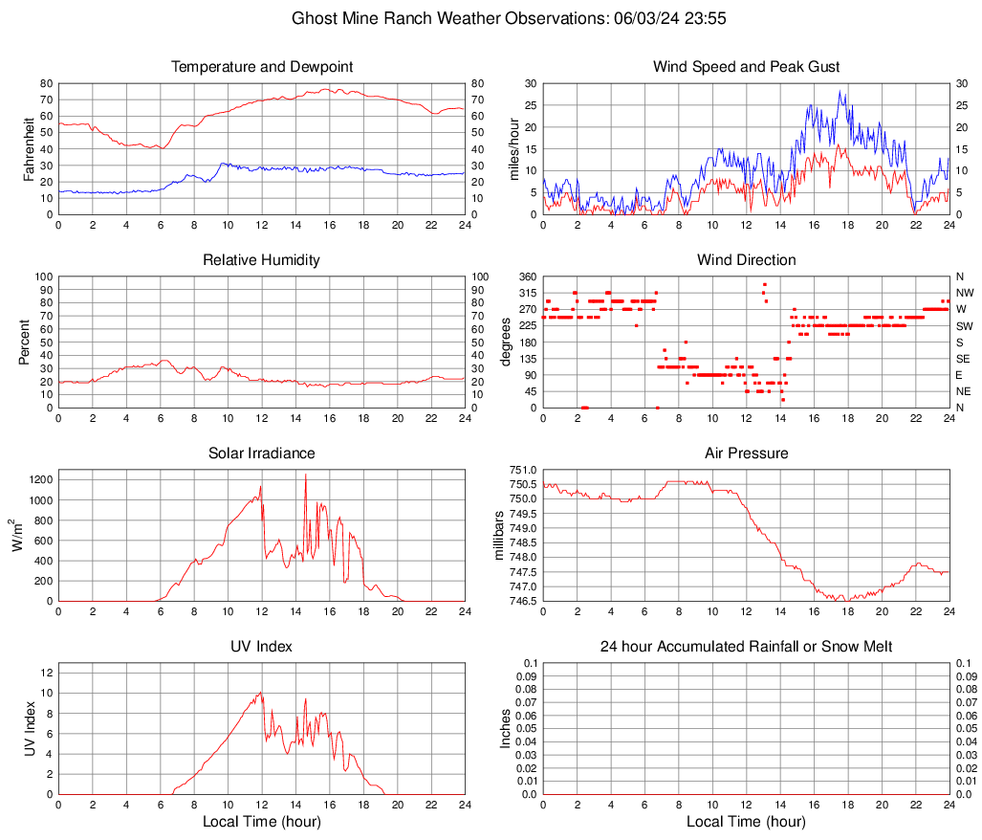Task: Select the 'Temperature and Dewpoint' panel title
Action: point(262,67)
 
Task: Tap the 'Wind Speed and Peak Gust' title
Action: point(746,67)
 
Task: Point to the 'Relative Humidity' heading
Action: point(262,260)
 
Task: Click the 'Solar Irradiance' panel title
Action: point(262,453)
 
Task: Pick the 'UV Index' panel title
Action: point(262,647)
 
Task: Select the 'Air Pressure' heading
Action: point(746,453)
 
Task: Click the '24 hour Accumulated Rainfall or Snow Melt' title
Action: point(746,647)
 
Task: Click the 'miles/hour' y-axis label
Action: point(513,149)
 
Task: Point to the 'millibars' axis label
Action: point(498,536)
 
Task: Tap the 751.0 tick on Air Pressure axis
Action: point(523,470)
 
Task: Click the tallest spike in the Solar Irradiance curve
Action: point(306,475)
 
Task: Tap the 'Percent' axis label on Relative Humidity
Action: point(25,343)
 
